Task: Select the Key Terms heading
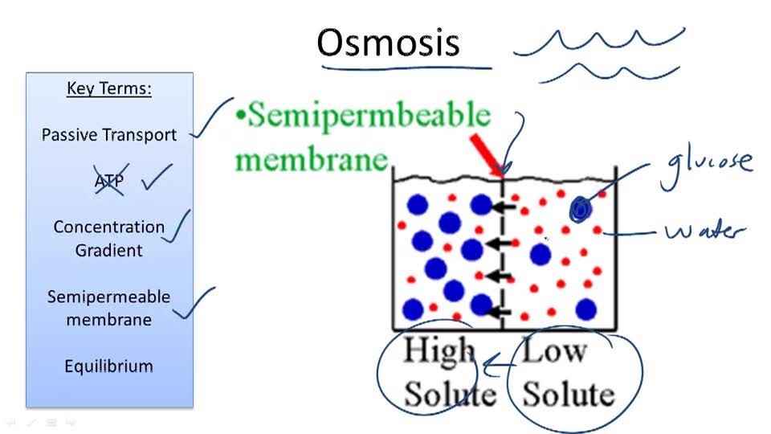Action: (109, 88)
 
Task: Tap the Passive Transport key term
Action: (109, 135)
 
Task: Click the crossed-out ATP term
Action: (109, 182)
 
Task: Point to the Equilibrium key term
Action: (109, 366)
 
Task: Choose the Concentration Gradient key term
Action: (109, 239)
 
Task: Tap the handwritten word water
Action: (704, 232)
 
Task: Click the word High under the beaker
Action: (439, 352)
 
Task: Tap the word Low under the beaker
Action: (554, 352)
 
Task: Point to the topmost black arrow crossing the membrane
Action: (504, 208)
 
